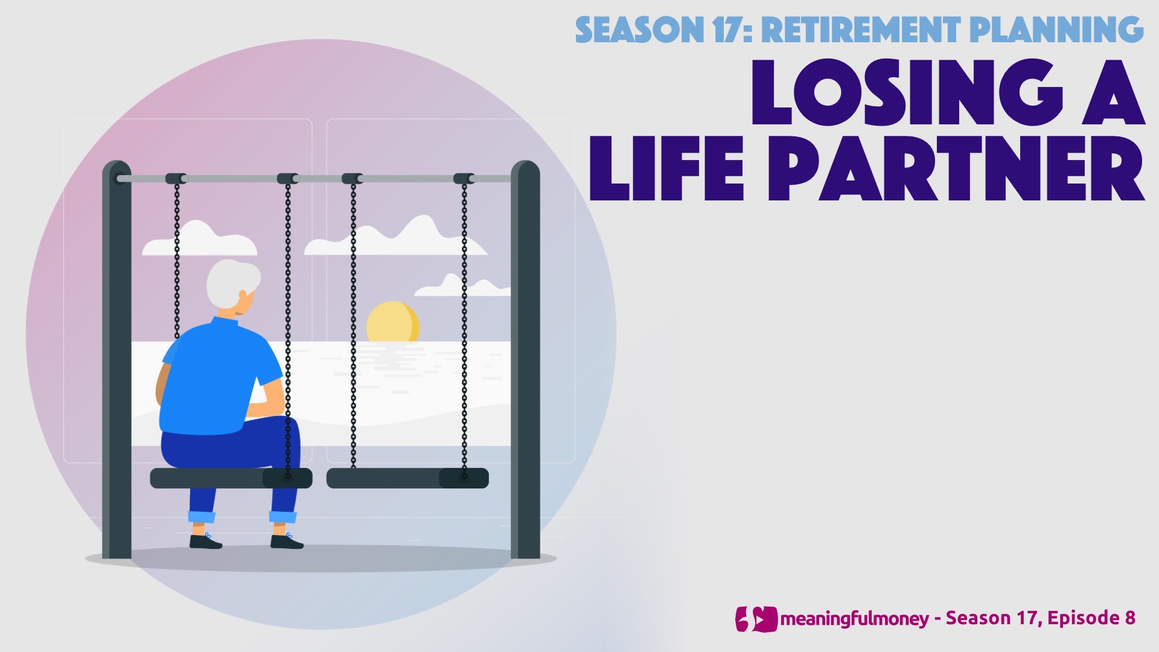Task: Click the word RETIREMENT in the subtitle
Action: [861, 30]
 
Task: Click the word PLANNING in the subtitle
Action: [1056, 30]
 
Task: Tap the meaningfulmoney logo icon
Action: [756, 619]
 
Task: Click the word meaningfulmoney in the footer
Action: [854, 619]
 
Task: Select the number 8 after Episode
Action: [1129, 618]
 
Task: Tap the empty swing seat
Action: [407, 478]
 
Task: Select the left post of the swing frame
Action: [117, 359]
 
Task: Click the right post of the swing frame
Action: [525, 359]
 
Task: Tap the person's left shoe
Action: [205, 542]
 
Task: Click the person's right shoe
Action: [287, 542]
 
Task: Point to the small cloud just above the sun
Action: [462, 286]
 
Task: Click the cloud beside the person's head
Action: [199, 239]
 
